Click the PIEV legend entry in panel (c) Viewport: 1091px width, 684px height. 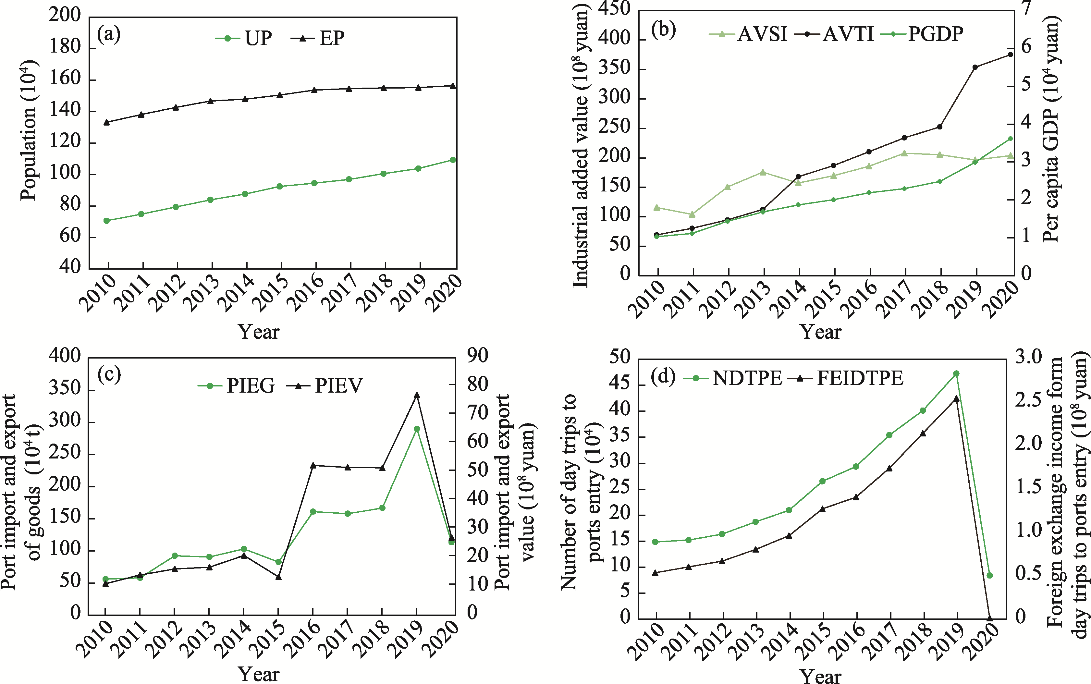[325, 386]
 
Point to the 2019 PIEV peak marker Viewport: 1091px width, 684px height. [417, 395]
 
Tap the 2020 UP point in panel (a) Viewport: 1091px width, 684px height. [453, 160]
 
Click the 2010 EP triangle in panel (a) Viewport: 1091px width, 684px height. [107, 122]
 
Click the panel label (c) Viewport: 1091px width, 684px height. [109, 374]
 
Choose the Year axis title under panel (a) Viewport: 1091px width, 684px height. [258, 332]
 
